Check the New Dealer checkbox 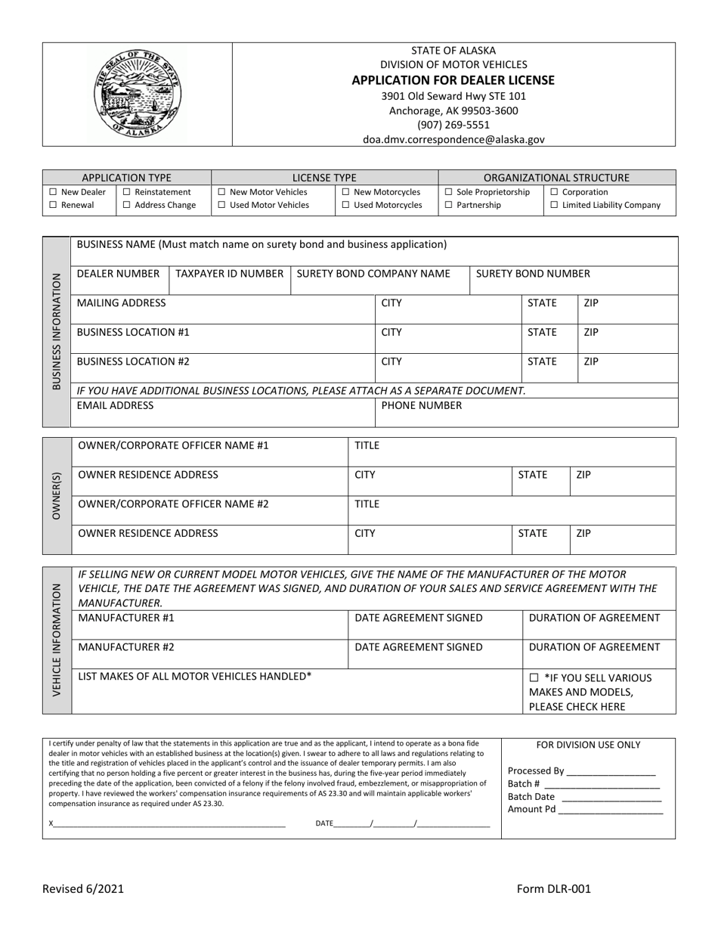[x=53, y=193]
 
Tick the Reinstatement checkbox [x=126, y=193]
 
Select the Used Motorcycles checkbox [x=346, y=206]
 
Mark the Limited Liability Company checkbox [x=555, y=206]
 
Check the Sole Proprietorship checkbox [x=449, y=193]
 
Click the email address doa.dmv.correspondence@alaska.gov [x=453, y=139]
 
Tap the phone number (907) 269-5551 [x=453, y=125]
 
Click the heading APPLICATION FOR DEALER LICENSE [x=453, y=80]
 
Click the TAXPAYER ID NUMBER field [x=230, y=281]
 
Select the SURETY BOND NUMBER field [x=573, y=281]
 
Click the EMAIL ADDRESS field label [x=115, y=406]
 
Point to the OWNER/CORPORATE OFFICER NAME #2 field [x=209, y=510]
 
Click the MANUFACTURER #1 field [x=209, y=625]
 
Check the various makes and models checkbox [x=534, y=678]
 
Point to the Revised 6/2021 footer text [x=82, y=890]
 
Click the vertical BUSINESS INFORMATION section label [x=57, y=331]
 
